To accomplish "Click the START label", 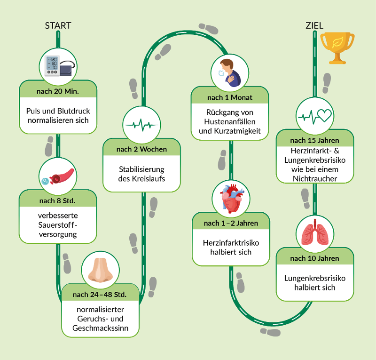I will tap(58, 25).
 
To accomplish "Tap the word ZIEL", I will tap(314, 25).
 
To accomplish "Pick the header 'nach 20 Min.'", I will tap(58, 90).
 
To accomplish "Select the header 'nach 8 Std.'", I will tap(58, 201).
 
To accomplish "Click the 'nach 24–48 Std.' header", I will tap(101, 295).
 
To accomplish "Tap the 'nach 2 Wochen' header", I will tap(141, 149).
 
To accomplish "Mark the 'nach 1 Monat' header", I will tap(230, 97).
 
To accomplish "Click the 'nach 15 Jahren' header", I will tap(314, 140).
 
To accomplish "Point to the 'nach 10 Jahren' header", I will tap(314, 258).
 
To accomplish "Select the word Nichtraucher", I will tap(314, 178).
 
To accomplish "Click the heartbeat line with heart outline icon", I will tap(314, 115).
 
